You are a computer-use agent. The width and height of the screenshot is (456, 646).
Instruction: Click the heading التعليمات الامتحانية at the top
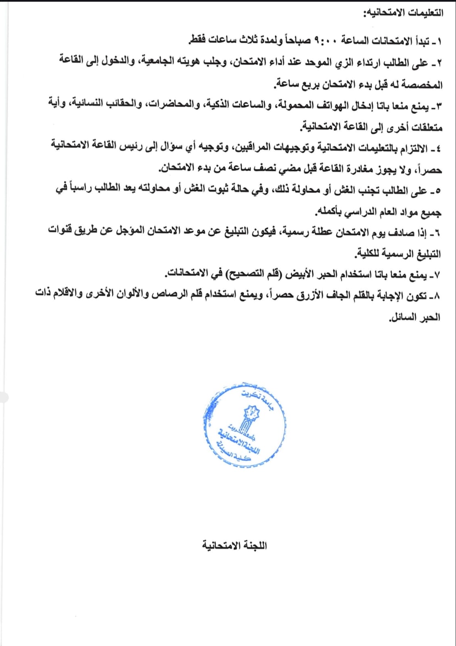pos(404,13)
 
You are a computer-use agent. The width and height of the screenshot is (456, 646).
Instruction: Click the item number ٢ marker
pos(439,63)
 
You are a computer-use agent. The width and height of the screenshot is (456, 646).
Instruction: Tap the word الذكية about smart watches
pos(218,105)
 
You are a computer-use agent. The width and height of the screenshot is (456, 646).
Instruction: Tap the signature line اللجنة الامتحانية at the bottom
pos(234,545)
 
